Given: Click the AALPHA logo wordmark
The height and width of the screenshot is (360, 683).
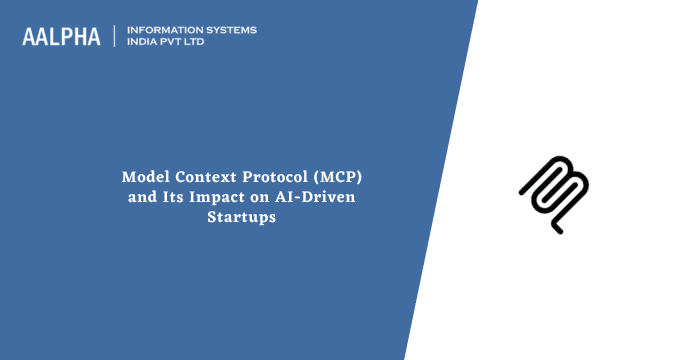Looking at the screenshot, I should [61, 37].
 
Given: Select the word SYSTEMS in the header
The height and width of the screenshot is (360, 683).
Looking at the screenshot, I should [229, 30].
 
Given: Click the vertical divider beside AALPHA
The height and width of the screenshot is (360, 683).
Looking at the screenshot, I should [116, 37].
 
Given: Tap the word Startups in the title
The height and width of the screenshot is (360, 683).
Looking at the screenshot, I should [241, 217].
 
